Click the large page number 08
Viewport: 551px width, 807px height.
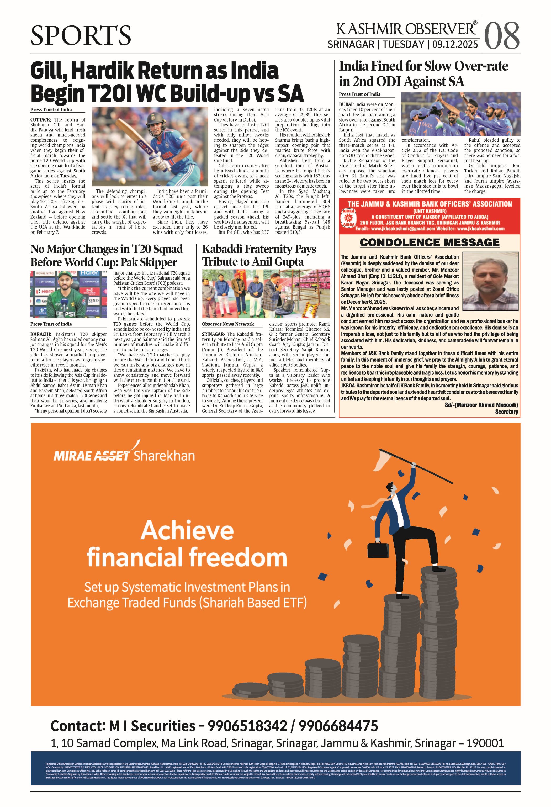pos(501,35)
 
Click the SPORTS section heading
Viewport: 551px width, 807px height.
pos(81,35)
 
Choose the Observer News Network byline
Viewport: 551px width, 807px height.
pos(228,324)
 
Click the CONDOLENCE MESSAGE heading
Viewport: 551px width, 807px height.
pos(429,243)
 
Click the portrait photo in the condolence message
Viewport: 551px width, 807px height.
pos(490,281)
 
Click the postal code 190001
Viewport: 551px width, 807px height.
pos(485,743)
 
